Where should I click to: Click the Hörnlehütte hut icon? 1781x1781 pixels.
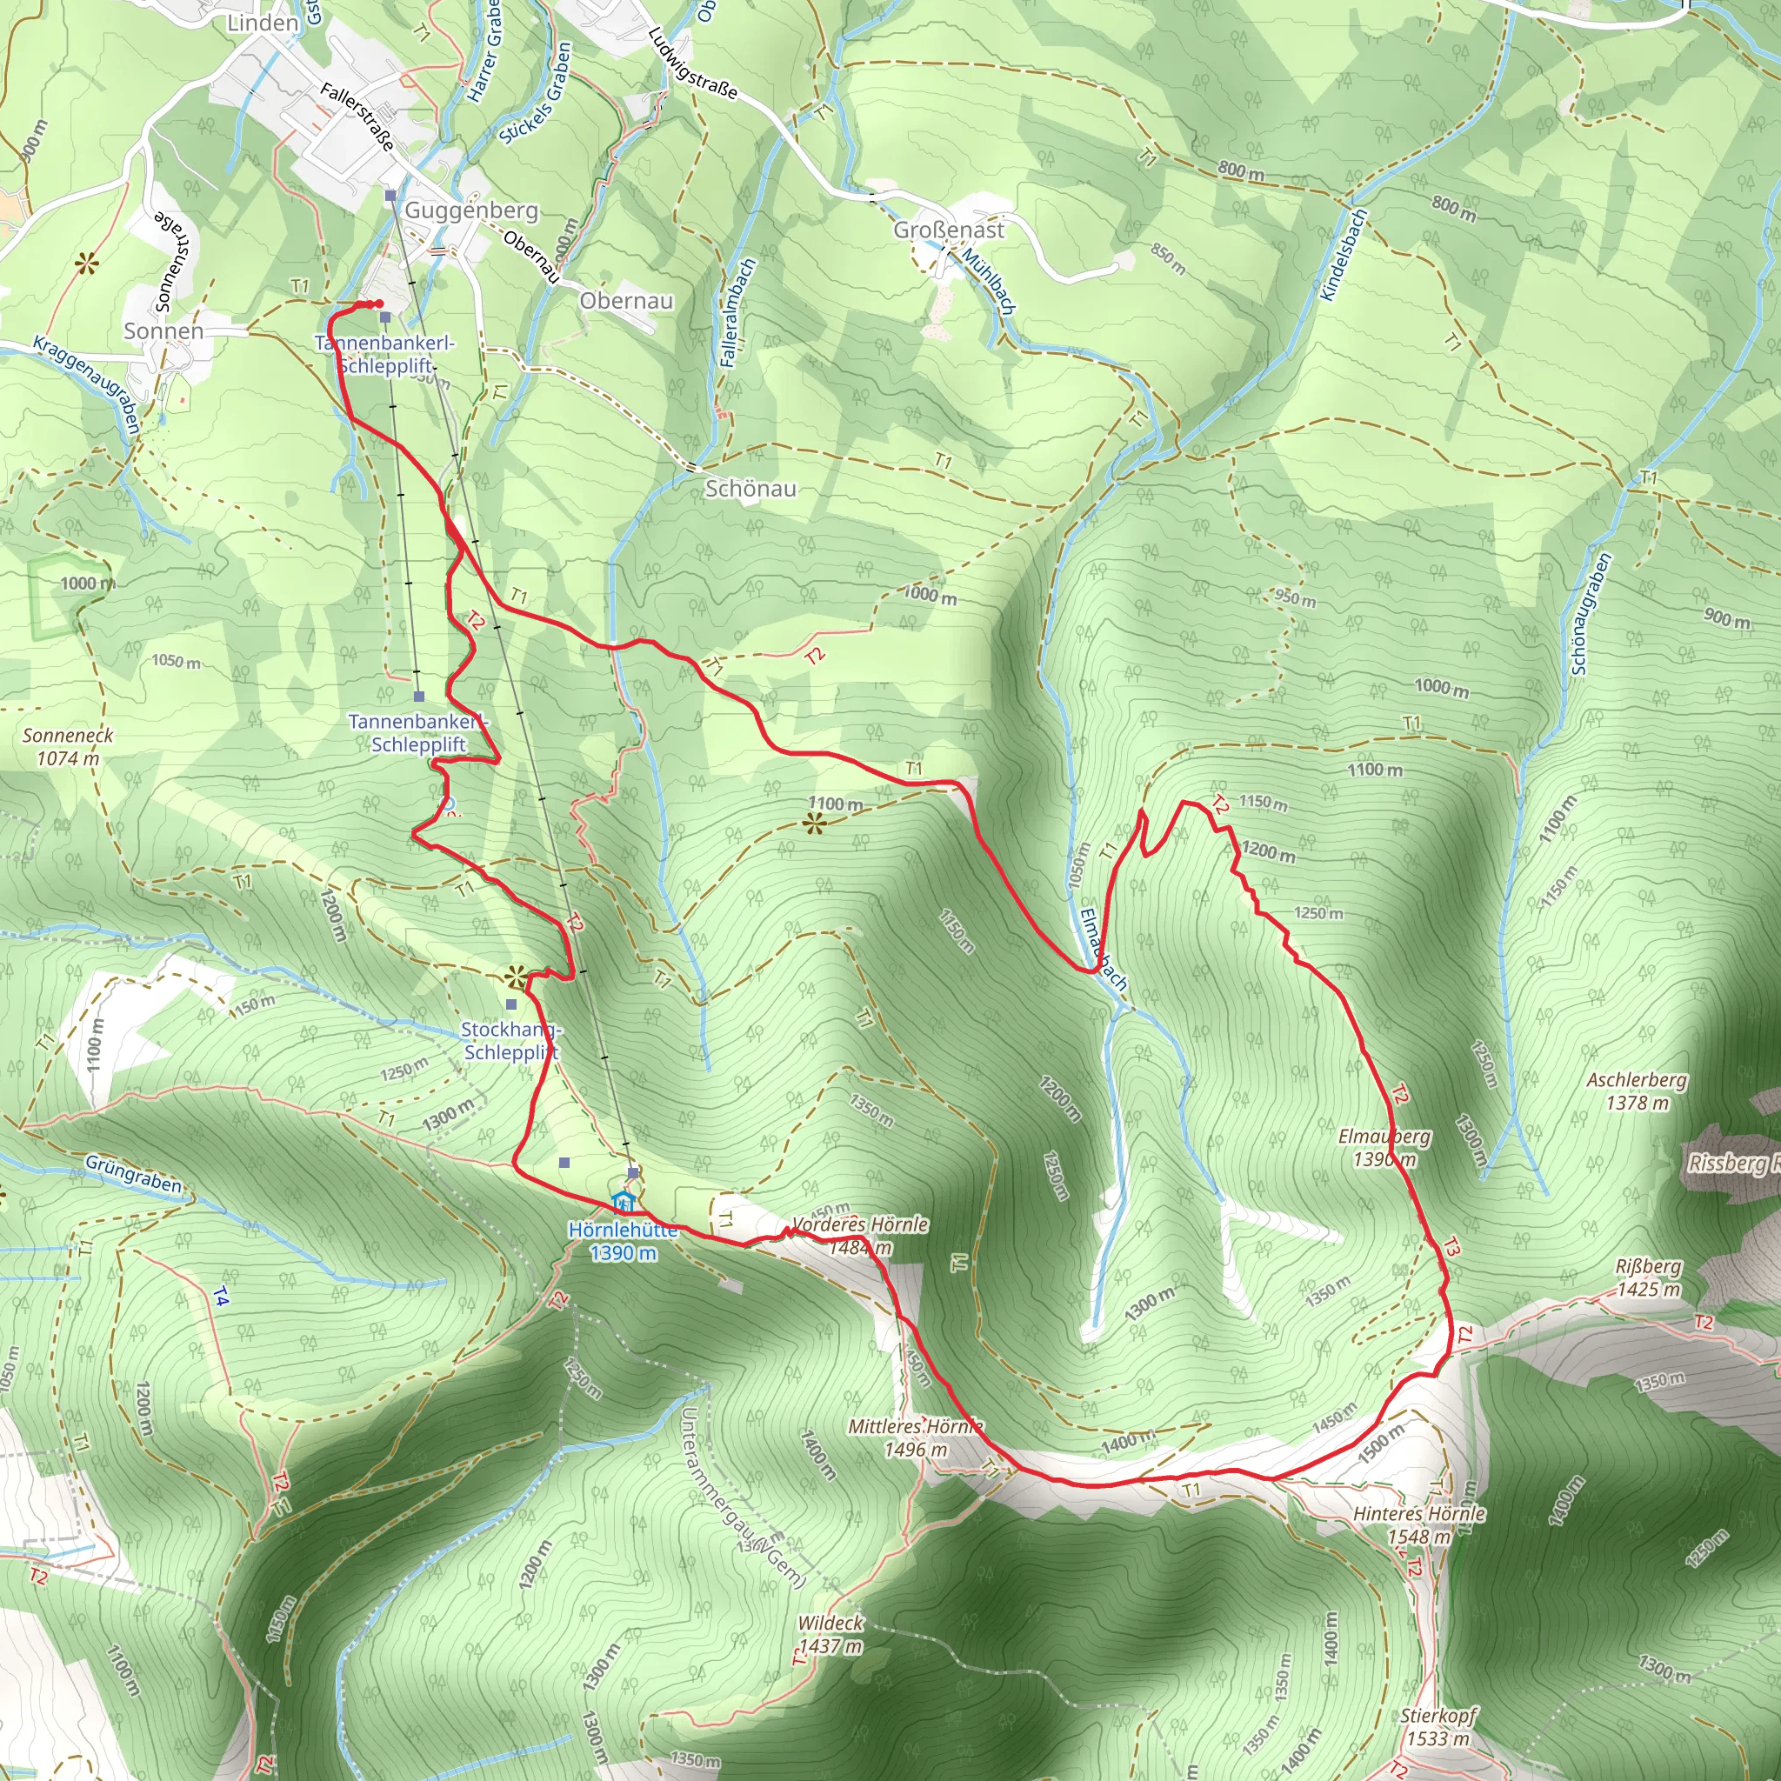[x=624, y=1203]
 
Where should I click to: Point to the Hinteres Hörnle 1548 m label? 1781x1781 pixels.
[x=1418, y=1525]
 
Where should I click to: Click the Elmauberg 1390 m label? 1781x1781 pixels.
[x=1384, y=1148]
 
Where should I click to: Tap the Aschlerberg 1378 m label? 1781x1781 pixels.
[x=1637, y=1091]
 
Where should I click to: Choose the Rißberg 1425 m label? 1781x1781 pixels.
[x=1648, y=1277]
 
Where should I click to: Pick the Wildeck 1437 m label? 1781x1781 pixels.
[x=830, y=1634]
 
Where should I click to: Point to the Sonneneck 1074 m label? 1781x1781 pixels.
[x=68, y=747]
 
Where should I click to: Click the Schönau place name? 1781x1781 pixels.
[x=750, y=489]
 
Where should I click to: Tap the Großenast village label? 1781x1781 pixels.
[x=949, y=230]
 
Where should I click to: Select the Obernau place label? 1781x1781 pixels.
[x=627, y=301]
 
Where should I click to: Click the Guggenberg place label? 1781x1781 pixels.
[x=471, y=210]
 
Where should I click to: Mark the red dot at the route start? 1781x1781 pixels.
[x=379, y=304]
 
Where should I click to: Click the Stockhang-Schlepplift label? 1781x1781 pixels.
[x=511, y=1041]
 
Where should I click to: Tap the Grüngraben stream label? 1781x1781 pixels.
[x=134, y=1174]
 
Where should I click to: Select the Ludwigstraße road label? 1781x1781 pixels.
[x=692, y=63]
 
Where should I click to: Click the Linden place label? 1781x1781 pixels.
[x=263, y=23]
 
